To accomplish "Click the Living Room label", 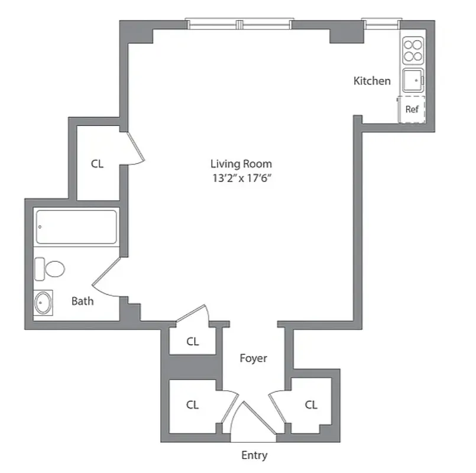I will (x=241, y=164).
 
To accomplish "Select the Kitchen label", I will (x=372, y=81).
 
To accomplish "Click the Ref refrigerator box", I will (x=412, y=109).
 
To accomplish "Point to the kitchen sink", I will (x=413, y=80).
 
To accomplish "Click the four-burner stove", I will (x=413, y=51).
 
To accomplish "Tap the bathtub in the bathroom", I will (x=75, y=226).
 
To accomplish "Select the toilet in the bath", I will (x=50, y=270).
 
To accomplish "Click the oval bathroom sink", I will (x=43, y=303).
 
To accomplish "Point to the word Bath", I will (x=82, y=301).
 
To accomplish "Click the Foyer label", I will (x=253, y=358).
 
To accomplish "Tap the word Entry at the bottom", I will (x=254, y=455).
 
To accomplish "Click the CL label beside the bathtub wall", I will (x=98, y=164).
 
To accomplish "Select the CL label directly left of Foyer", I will (x=193, y=341).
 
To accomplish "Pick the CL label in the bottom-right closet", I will (x=312, y=405).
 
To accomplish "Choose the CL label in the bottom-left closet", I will (x=192, y=405).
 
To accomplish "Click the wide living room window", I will (x=239, y=24).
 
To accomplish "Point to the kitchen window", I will (x=381, y=24).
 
